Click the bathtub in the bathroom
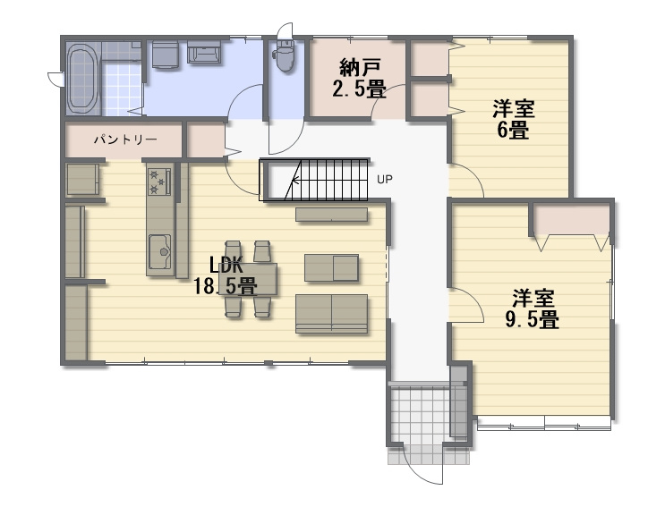coord(82,79)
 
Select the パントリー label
coord(125,139)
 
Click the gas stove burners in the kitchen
coord(159,181)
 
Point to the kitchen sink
coord(159,251)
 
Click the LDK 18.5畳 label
coord(226,275)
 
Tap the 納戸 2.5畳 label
coord(359,79)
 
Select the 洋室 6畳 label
coord(513,120)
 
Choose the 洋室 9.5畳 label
coord(533,308)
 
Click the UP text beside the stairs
coord(385,180)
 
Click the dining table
coord(248,279)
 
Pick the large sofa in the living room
coord(332,314)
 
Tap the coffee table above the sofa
coord(332,267)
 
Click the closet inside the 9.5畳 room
coord(571,219)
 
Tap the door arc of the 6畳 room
coord(473,173)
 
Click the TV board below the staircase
coord(332,215)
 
